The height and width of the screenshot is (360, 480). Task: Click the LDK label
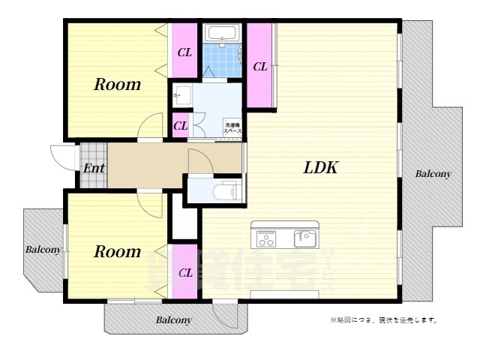320,168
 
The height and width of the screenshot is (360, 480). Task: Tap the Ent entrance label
94,168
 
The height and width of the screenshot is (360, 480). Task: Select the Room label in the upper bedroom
117,85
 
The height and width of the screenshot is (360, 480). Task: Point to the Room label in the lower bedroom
117,252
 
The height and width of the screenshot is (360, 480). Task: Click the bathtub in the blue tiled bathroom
221,34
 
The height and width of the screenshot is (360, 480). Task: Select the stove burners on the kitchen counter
266,238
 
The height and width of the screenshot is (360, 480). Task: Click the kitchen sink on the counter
304,238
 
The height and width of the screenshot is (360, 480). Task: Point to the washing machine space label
232,127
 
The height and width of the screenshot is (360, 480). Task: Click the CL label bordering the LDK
260,67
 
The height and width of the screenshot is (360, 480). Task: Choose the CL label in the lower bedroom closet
185,272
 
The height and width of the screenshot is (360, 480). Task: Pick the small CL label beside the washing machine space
181,126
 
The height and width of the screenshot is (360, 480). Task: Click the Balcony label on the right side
433,174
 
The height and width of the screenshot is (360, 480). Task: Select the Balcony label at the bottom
173,320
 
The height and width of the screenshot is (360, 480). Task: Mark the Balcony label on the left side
43,250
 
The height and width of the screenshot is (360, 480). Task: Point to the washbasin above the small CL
181,94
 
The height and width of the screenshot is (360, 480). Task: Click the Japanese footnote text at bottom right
383,320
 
